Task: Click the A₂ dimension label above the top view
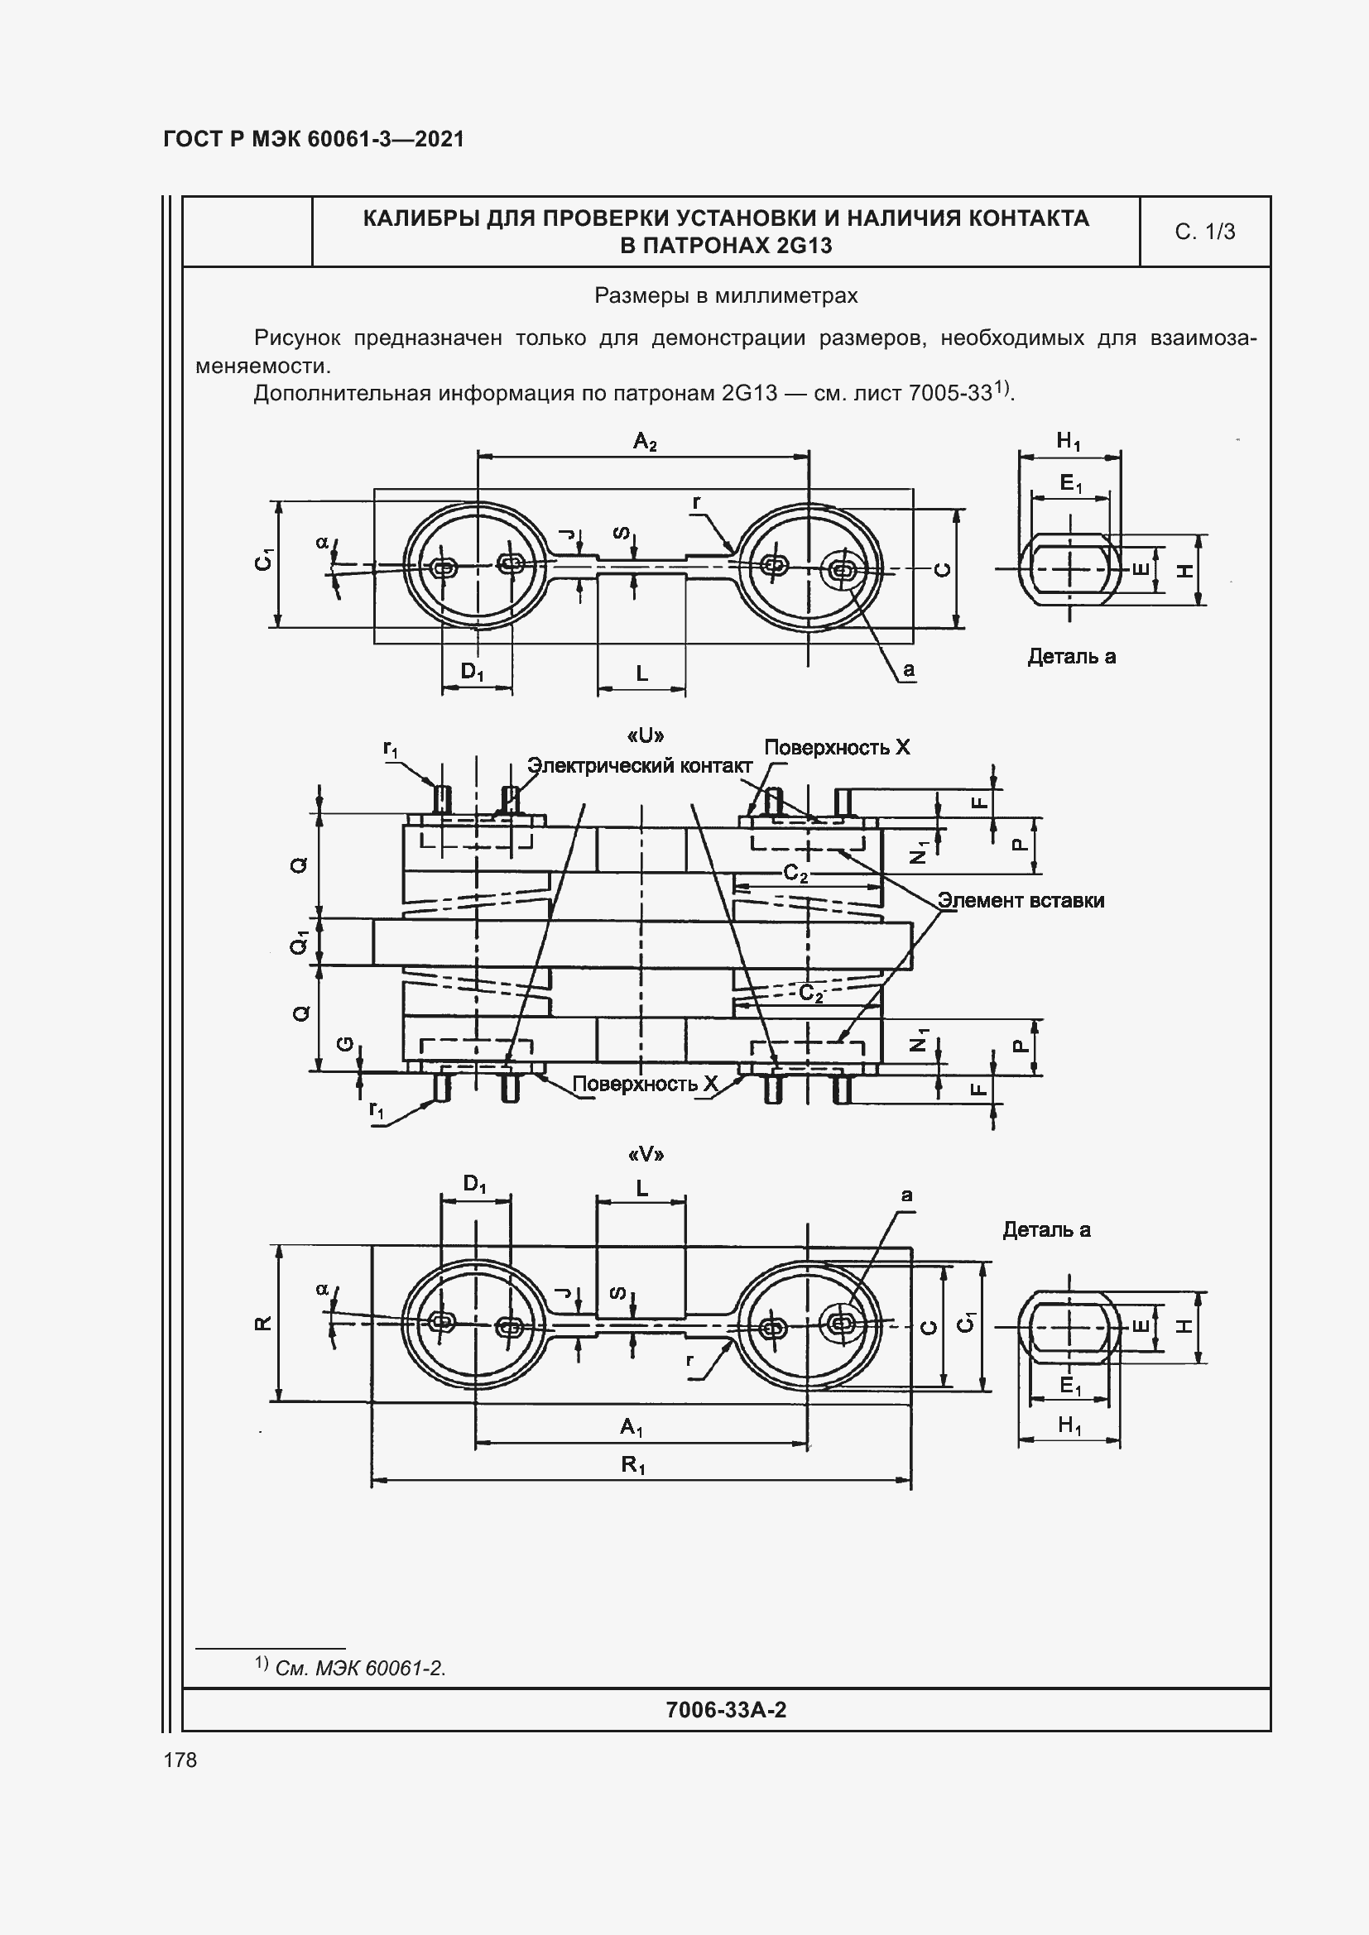645,441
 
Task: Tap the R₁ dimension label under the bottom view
633,1465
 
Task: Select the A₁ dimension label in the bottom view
632,1427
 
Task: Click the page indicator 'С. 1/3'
1204,232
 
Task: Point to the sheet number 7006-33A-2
726,1709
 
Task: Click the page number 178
180,1760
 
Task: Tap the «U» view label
646,735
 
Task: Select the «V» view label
646,1154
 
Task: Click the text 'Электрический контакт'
639,765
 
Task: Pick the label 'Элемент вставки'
1021,900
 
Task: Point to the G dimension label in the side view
345,1044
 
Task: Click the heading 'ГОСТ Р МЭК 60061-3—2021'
314,139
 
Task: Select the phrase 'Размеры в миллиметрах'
726,296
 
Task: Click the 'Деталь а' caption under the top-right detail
1070,657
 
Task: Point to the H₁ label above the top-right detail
1068,441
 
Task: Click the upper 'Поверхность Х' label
836,748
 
